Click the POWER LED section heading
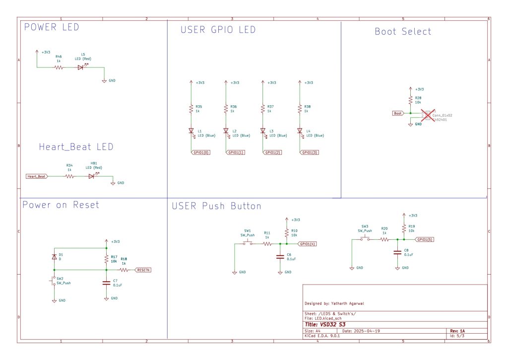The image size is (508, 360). pyautogui.click(x=52, y=27)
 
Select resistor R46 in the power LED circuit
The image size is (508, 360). pyautogui.click(x=59, y=67)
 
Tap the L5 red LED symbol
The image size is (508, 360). pyautogui.click(x=81, y=67)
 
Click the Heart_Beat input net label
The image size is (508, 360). pyautogui.click(x=37, y=176)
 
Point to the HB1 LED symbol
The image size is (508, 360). pyautogui.click(x=91, y=176)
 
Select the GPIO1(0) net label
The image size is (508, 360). pyautogui.click(x=200, y=152)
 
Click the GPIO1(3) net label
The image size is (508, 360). pyautogui.click(x=309, y=152)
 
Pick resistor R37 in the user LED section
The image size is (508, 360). pyautogui.click(x=262, y=109)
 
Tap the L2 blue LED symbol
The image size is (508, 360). pyautogui.click(x=226, y=131)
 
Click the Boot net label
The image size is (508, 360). pyautogui.click(x=398, y=113)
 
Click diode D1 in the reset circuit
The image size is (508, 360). pyautogui.click(x=54, y=257)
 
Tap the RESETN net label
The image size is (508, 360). pyautogui.click(x=142, y=270)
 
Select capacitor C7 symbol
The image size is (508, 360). pyautogui.click(x=106, y=283)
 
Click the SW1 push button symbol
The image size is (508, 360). pyautogui.click(x=248, y=243)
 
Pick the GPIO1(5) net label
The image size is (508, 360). pyautogui.click(x=425, y=239)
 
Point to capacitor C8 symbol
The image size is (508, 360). pyautogui.click(x=397, y=252)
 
